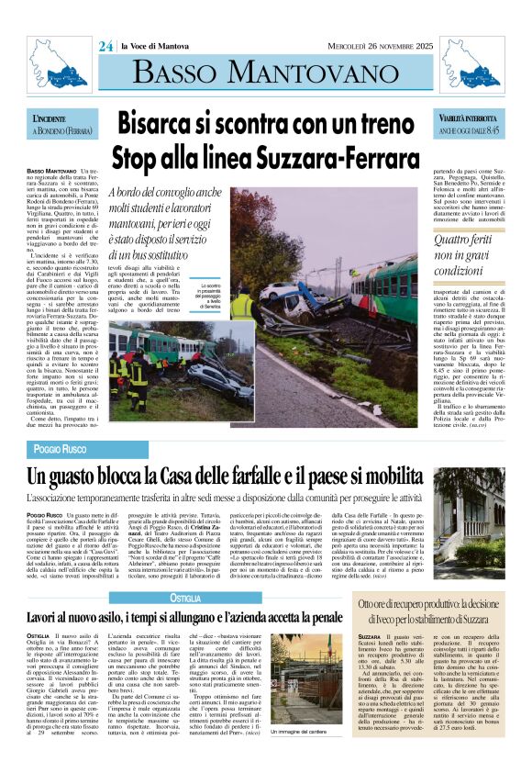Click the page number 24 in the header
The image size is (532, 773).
pyautogui.click(x=105, y=48)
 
